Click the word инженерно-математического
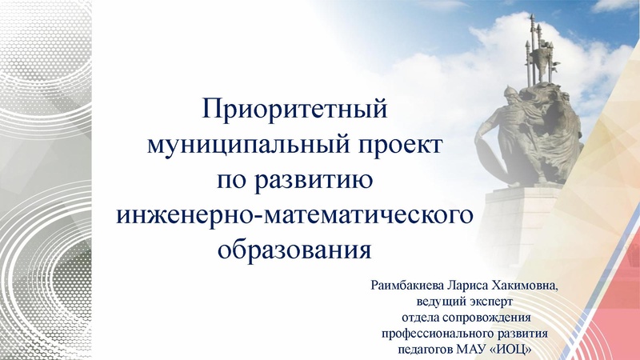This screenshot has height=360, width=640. (292, 215)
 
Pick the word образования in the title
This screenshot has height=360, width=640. (293, 250)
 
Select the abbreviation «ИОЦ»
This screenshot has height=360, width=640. (510, 350)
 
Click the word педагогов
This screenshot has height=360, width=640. (424, 350)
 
